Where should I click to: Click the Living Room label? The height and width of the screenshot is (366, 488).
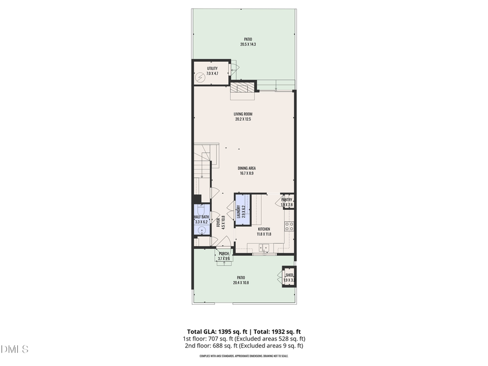243,114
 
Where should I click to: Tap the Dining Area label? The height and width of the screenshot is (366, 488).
247,168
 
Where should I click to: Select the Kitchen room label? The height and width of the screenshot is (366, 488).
264,229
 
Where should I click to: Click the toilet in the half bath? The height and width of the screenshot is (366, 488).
201,209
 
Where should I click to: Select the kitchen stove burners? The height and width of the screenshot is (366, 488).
290,227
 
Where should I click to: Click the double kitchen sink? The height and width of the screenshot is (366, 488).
264,248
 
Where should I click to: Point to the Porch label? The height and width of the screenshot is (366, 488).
224,254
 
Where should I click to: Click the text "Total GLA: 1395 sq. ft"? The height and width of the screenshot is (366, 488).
214,331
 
